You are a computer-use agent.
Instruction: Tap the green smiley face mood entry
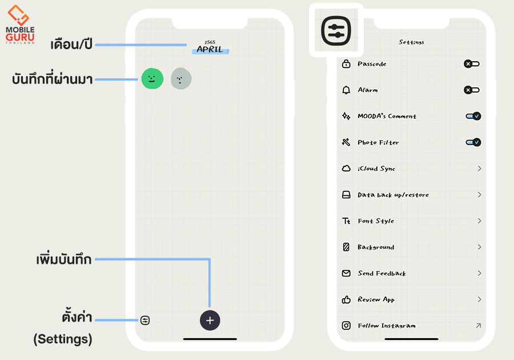[152, 79]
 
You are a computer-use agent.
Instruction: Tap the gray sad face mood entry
[181, 79]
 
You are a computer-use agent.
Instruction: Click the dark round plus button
[210, 320]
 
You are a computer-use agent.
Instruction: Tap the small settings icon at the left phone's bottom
[145, 320]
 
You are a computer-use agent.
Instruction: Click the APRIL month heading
[210, 50]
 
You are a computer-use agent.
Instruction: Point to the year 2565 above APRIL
[210, 42]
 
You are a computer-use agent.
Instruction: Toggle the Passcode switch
[472, 64]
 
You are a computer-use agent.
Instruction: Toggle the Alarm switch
[472, 90]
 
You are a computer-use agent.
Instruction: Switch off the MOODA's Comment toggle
[473, 116]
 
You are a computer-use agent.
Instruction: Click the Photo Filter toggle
[473, 142]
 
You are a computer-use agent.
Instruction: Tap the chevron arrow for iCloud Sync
[479, 169]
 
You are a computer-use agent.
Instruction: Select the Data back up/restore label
[393, 195]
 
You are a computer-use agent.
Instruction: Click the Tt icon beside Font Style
[346, 221]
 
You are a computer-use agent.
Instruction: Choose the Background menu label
[376, 247]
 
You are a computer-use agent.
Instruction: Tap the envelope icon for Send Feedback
[346, 274]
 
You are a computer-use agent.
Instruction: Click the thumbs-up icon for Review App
[346, 299]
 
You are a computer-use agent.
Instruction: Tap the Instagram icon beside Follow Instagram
[346, 326]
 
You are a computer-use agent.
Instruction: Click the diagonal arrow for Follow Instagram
[479, 326]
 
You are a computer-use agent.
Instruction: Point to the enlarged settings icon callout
[336, 30]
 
